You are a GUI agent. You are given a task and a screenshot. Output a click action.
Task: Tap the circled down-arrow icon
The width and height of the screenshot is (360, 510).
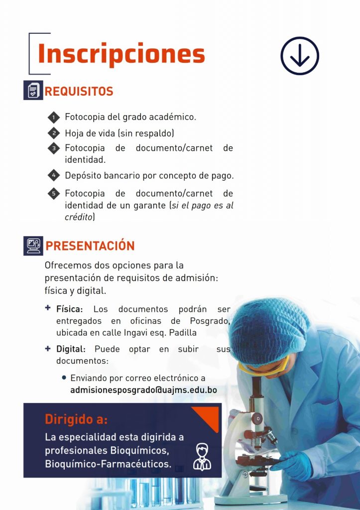(300, 56)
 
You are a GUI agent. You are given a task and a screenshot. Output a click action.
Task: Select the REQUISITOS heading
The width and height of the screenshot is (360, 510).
(79, 92)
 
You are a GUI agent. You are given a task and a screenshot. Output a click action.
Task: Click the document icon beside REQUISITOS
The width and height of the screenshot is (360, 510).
(33, 90)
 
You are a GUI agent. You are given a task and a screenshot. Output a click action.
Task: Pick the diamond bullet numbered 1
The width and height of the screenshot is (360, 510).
(54, 117)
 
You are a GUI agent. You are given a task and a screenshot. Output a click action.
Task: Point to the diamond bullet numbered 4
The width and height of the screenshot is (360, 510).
(54, 175)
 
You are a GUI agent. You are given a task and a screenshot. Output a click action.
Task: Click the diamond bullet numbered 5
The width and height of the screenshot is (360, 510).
(54, 194)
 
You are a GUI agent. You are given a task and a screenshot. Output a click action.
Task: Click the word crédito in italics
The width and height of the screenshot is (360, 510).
(79, 217)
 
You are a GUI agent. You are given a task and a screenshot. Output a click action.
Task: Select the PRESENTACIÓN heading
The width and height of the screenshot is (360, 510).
(90, 246)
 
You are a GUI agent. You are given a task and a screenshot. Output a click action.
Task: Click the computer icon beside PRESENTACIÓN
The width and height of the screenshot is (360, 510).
(33, 246)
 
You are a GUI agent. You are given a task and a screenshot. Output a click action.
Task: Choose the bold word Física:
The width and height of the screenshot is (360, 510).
(69, 309)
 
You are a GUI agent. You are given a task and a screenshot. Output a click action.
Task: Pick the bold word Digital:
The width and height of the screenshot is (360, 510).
(71, 349)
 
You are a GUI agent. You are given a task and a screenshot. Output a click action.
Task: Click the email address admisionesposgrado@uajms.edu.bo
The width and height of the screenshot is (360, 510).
(143, 390)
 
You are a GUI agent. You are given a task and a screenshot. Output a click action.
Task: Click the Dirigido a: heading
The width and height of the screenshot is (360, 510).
(76, 419)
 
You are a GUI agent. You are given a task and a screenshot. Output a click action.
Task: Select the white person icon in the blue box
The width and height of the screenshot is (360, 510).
(202, 457)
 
